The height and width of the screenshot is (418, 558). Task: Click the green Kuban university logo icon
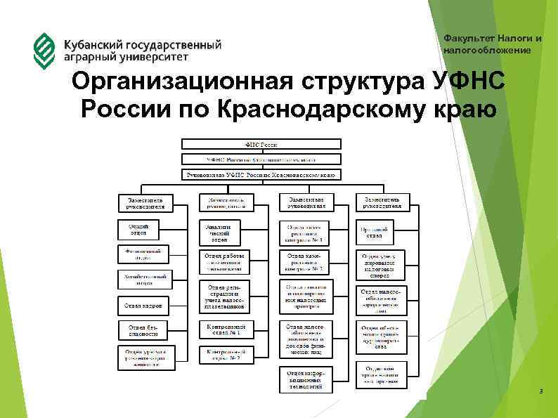pos(44,48)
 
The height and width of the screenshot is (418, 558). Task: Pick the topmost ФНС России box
pos(261,143)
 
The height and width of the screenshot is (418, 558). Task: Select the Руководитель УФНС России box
pos(261,174)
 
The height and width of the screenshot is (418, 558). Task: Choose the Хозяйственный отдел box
pos(143,280)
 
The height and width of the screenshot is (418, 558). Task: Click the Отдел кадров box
pos(143,306)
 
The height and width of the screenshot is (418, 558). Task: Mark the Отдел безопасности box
pos(143,331)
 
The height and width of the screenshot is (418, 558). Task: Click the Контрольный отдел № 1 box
pos(226,330)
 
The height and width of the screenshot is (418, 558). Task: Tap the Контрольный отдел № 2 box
pos(226,355)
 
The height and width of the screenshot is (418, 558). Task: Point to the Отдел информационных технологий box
pos(305,380)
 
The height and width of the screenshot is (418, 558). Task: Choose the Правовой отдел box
pos(374,231)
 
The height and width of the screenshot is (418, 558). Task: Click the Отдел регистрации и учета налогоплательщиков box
pos(226,296)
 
